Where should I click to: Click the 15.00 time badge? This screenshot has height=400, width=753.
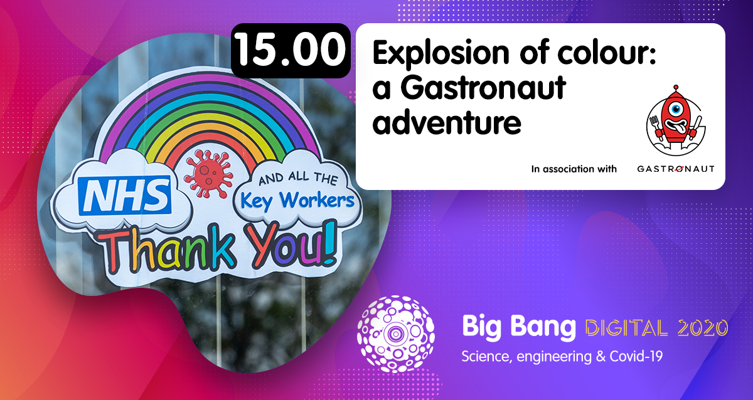tap(291, 51)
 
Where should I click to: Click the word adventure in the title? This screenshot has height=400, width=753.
tap(447, 122)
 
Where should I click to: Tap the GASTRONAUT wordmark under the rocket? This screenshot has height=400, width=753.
tap(675, 169)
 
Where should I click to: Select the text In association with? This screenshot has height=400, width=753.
tap(574, 169)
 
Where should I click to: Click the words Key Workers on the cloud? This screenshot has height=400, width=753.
tap(298, 200)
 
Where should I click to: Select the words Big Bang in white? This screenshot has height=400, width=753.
tap(518, 327)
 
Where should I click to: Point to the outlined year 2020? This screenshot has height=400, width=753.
tap(705, 327)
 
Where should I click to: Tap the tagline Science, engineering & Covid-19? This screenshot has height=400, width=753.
tap(562, 356)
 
